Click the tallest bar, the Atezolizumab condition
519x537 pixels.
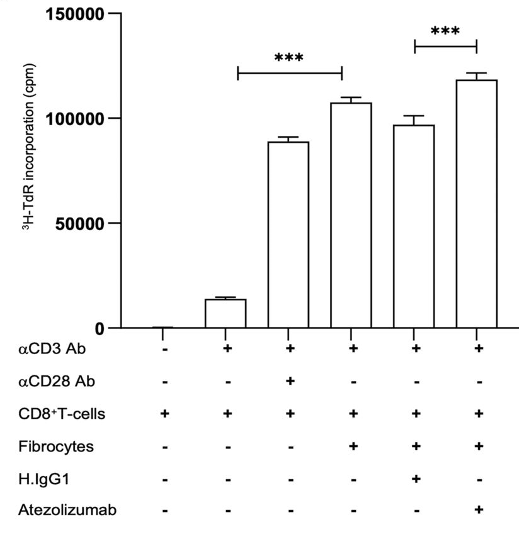tap(477, 204)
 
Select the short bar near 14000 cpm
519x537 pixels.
tap(225, 313)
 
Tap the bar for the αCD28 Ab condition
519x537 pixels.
tap(288, 235)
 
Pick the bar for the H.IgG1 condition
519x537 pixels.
tap(414, 226)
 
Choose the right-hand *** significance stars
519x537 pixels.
tap(445, 31)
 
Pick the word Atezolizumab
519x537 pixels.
tap(59, 511)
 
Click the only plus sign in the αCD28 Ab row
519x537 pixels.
tap(290, 380)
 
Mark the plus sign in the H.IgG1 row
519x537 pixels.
tap(416, 479)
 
